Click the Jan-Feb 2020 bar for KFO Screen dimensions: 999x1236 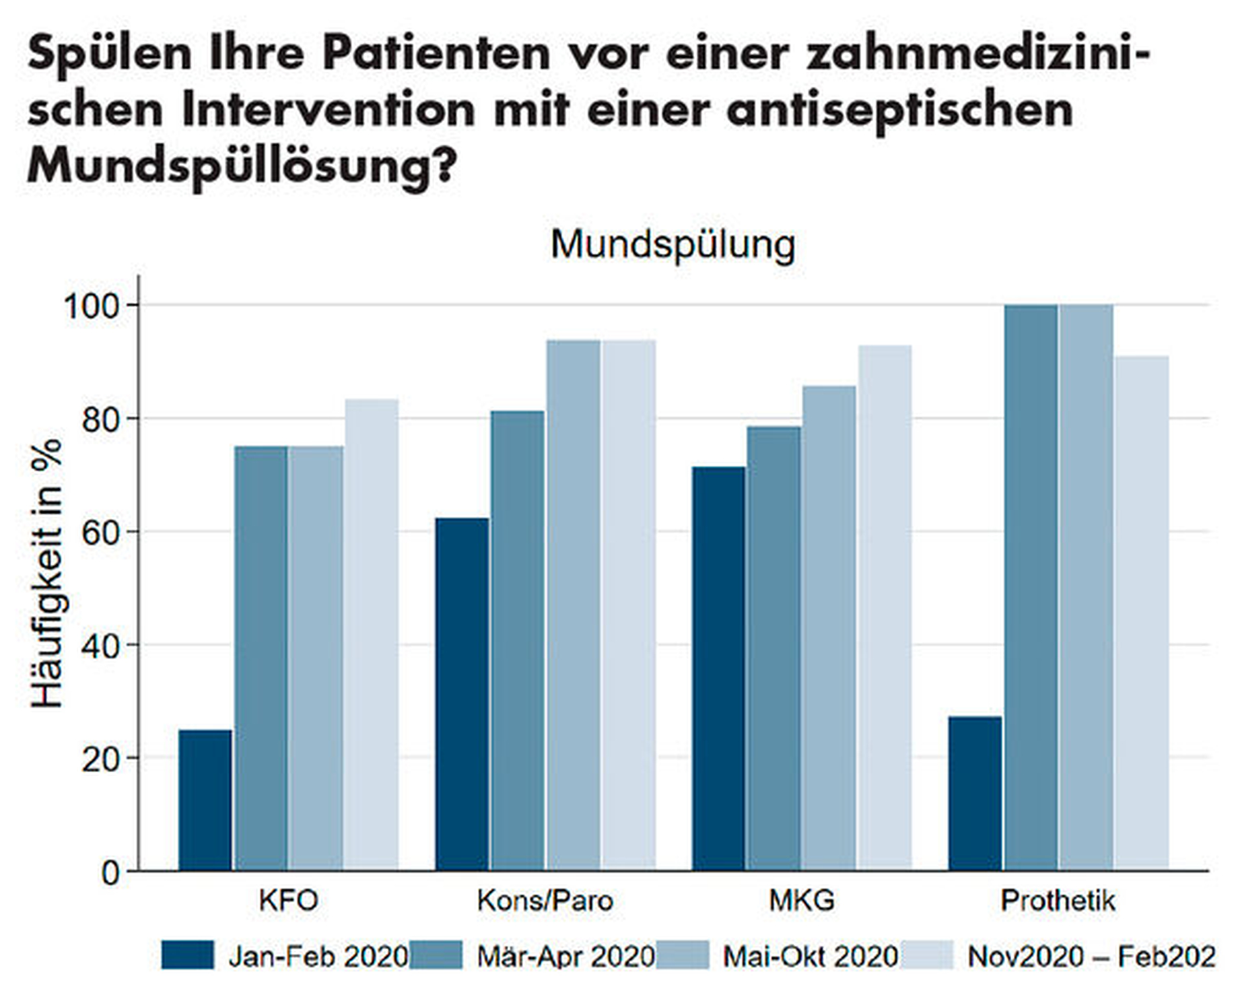pos(205,800)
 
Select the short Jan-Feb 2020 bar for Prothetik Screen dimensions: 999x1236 pos(974,793)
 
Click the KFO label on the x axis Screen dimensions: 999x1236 pos(288,901)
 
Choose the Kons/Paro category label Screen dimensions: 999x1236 pos(545,901)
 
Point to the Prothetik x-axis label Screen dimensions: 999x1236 pos(1058,901)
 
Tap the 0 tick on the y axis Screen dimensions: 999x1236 pos(110,872)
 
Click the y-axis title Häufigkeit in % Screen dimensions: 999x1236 pos(47,572)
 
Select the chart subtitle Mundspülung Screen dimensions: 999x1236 pos(673,245)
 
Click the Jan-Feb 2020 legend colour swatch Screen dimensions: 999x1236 pos(187,955)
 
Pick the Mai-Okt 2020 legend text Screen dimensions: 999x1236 pos(811,957)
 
